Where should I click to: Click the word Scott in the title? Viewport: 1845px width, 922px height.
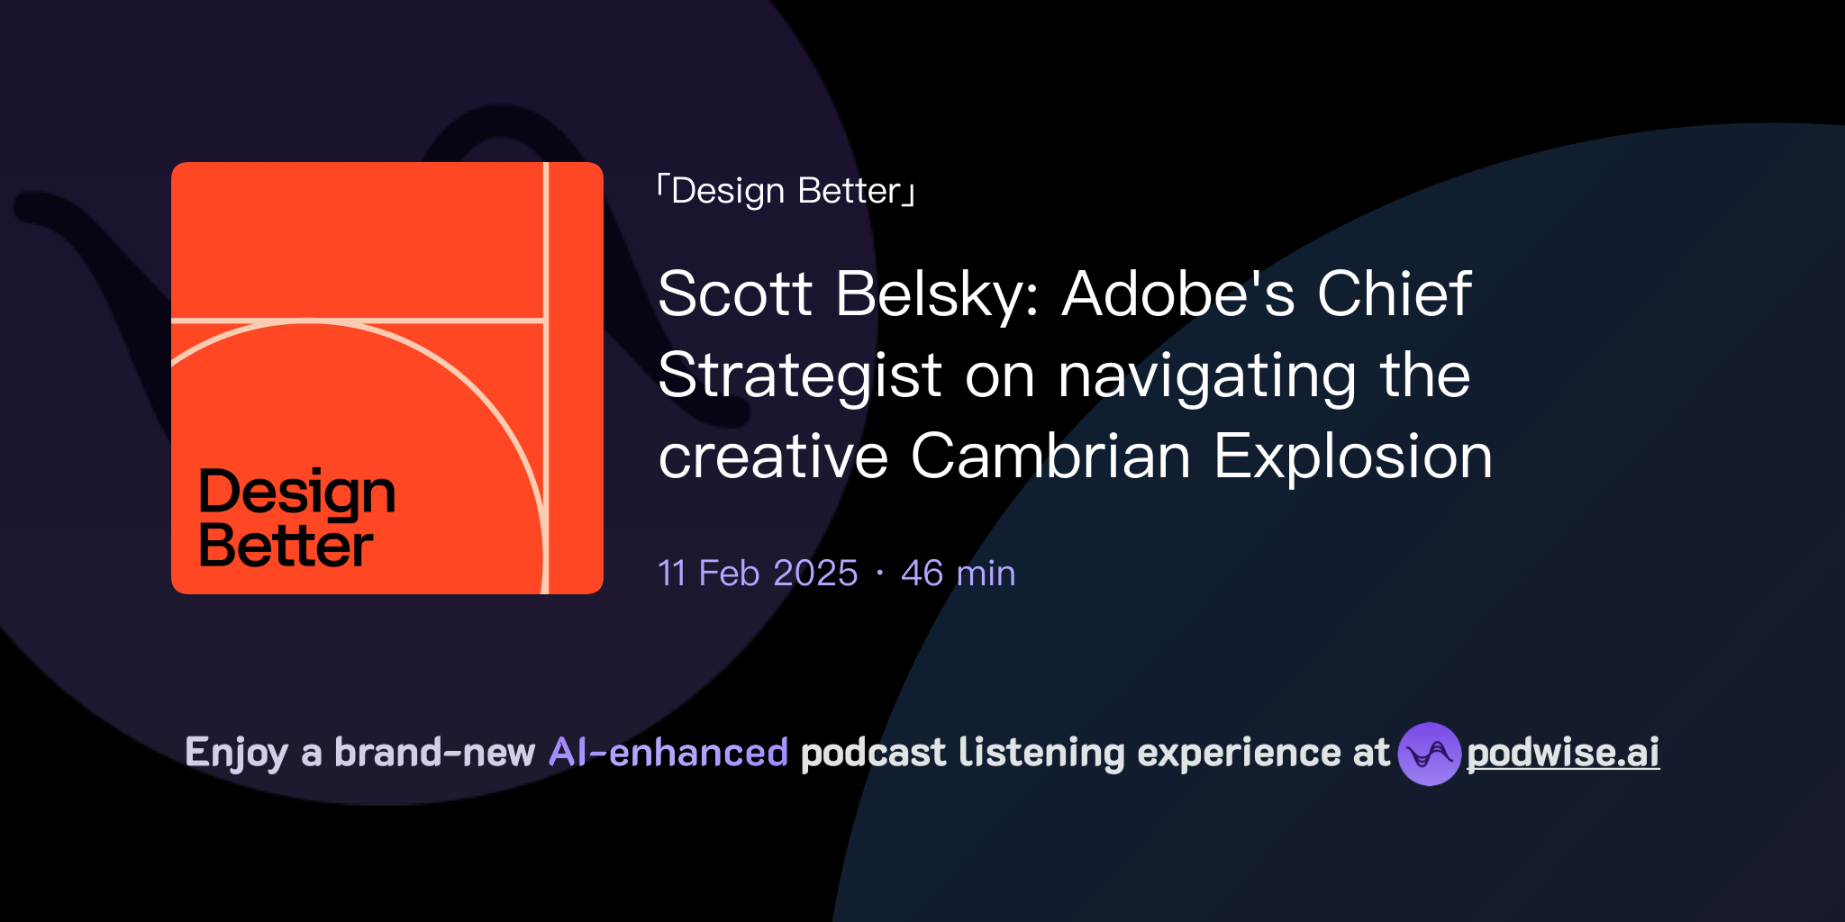(x=735, y=294)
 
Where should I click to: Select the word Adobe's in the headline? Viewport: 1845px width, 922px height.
(x=1178, y=294)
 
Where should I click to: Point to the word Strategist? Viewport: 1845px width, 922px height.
(x=800, y=375)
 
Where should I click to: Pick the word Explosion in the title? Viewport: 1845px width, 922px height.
(x=1353, y=456)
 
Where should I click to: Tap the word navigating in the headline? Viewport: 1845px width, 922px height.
(x=1207, y=377)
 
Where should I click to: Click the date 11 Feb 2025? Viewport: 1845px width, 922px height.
(x=758, y=574)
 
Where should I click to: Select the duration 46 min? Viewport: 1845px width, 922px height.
(x=958, y=574)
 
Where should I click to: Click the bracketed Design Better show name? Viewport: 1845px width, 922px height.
(x=786, y=191)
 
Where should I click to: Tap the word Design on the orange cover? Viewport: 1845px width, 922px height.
(x=297, y=493)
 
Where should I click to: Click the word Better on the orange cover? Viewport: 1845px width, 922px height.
(x=286, y=546)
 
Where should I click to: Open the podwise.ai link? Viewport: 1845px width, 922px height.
(x=1563, y=754)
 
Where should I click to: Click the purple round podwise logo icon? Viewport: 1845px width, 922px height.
(x=1429, y=754)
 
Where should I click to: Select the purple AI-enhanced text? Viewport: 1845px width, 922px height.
(x=668, y=753)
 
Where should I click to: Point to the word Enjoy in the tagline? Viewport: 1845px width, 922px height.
(x=236, y=754)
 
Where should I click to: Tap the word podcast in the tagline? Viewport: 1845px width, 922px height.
(x=873, y=753)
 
